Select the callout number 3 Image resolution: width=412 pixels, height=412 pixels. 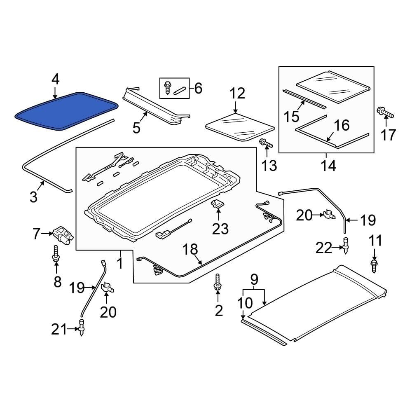tap(33, 197)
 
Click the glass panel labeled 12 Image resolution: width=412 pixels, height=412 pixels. tap(239, 126)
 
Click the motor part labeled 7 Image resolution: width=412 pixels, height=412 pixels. tap(63, 234)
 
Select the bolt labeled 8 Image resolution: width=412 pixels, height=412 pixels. tap(56, 254)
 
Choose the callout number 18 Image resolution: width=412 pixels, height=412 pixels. tap(190, 249)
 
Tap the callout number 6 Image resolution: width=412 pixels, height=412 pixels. tap(198, 88)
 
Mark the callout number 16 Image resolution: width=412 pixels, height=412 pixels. tap(342, 125)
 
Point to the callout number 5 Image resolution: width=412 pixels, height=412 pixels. tap(136, 128)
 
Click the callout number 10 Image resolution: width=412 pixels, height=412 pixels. tap(245, 303)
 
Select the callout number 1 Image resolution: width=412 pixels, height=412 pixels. tap(119, 262)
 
